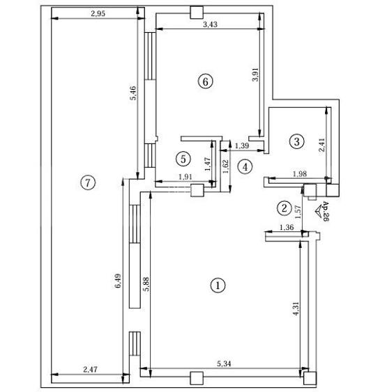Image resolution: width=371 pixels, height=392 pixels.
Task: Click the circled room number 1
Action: [218, 285]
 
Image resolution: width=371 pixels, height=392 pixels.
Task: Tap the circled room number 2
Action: [283, 207]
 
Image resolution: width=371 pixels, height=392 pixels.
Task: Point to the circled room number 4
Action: [244, 166]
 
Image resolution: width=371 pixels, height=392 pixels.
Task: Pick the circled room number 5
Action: [183, 158]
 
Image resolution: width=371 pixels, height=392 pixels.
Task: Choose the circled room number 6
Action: [204, 81]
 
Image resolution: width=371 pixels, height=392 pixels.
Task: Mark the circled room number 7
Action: [86, 183]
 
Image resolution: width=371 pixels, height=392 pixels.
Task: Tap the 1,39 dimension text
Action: [242, 146]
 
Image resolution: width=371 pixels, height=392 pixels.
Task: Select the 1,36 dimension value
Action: [287, 228]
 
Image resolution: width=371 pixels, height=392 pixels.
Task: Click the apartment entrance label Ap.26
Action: [326, 211]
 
